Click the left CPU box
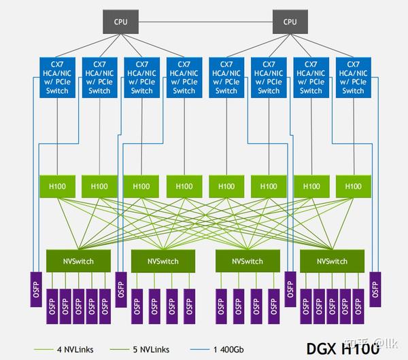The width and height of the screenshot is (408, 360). click(120, 21)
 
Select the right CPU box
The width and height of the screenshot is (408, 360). click(290, 21)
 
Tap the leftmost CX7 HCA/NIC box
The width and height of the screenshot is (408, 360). click(57, 77)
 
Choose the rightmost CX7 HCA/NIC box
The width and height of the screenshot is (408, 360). click(353, 77)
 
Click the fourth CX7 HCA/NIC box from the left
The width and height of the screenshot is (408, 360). click(184, 77)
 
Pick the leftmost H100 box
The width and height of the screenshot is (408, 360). click(57, 185)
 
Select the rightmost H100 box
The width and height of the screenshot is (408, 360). click(353, 185)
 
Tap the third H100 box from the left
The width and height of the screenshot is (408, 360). click(141, 185)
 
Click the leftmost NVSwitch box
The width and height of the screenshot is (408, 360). click(78, 261)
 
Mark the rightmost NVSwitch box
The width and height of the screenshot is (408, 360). click(331, 261)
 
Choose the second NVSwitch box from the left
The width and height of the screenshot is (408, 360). click(163, 261)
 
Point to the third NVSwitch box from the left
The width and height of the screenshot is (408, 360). click(247, 261)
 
